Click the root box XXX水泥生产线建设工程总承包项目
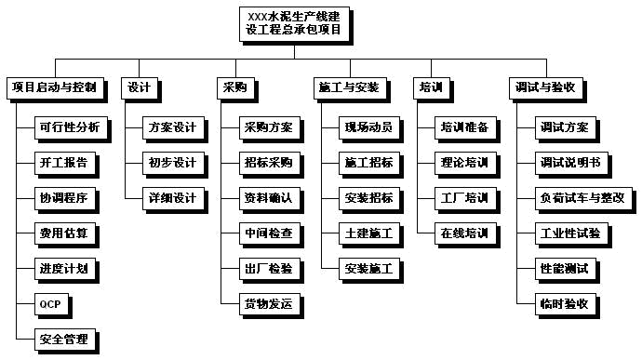294,23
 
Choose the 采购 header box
234,88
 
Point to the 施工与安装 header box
348,88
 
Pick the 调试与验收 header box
550,88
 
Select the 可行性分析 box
68,127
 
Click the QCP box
50,304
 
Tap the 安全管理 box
64,340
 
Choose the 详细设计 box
172,198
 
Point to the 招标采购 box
268,163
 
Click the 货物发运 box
268,304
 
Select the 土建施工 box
368,233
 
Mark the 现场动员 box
368,127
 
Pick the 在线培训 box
464,233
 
